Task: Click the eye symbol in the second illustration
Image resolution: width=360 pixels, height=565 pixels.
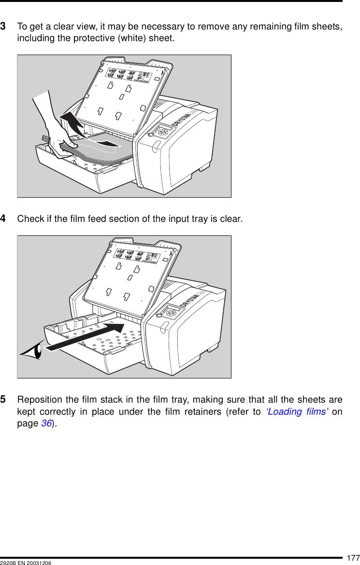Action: coord(32,351)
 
